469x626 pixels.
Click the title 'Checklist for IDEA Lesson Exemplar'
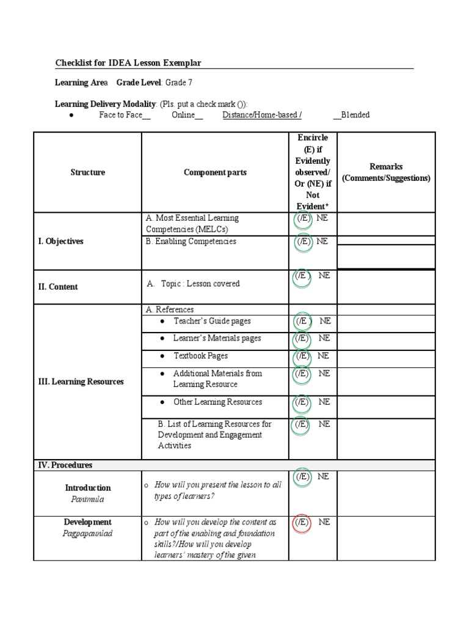pos(128,63)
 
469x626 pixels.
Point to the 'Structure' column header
pos(87,172)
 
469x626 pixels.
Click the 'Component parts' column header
pos(215,172)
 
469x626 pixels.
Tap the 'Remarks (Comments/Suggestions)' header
pos(386,172)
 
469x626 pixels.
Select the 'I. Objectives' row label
pos(60,241)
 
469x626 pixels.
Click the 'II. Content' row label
pos(58,287)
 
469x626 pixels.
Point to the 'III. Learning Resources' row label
pos(81,381)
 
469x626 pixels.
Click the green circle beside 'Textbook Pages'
pos(302,357)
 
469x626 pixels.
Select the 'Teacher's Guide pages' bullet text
pos(212,321)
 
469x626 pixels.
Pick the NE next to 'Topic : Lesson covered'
pos(324,276)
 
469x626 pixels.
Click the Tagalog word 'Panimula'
pos(88,499)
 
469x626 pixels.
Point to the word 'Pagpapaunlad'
pos(88,533)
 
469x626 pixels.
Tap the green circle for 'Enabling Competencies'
pos(302,243)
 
